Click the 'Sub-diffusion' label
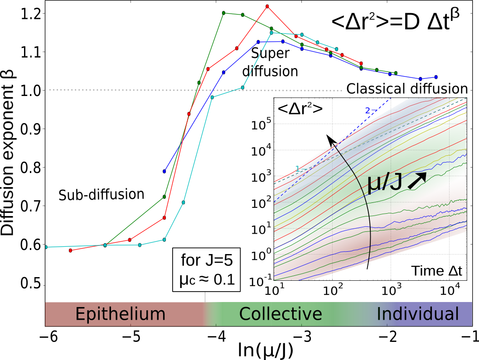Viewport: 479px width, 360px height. [101, 195]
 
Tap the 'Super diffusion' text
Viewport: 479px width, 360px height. [275, 62]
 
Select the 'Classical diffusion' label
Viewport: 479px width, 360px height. [406, 89]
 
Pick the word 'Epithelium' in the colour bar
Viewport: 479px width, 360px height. [120, 314]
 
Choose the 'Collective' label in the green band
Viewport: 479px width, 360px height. [281, 314]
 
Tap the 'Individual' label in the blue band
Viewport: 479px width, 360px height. [418, 314]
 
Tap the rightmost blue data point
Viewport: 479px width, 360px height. [436, 77]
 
